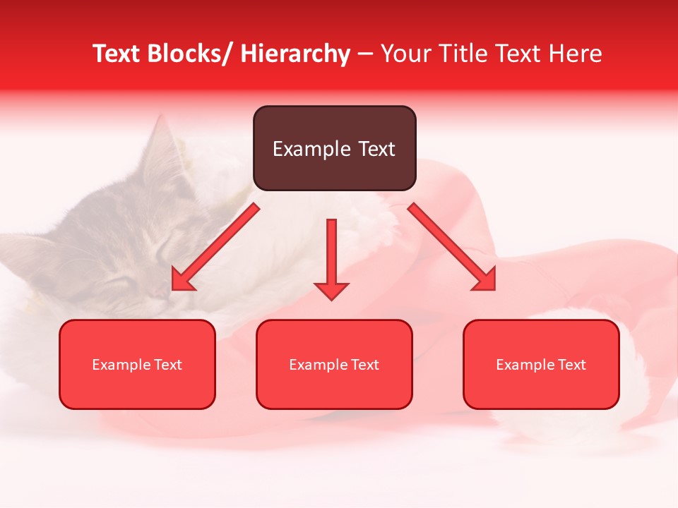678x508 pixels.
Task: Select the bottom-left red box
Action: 137,364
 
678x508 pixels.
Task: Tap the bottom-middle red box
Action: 334,364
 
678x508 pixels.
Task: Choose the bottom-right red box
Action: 541,364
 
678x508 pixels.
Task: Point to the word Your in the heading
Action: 403,54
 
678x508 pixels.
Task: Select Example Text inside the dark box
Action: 334,149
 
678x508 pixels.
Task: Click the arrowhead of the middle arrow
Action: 331,290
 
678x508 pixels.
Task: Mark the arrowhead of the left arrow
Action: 182,281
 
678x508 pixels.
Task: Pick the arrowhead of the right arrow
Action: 485,281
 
